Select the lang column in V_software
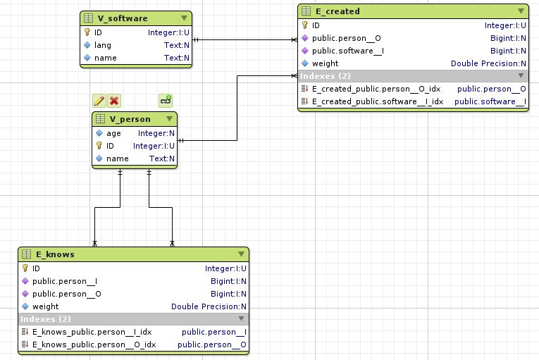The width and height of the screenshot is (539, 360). [x=102, y=45]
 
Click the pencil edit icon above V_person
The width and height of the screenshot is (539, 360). [x=99, y=101]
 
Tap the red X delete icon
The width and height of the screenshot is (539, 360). [x=114, y=101]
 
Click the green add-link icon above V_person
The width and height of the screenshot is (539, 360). [x=166, y=101]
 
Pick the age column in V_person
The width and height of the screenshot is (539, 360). [x=113, y=133]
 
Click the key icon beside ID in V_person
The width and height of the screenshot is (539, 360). [x=99, y=146]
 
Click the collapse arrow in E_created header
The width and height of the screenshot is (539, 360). [x=521, y=11]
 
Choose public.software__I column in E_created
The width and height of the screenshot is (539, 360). [x=347, y=51]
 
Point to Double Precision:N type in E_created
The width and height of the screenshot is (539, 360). [x=489, y=63]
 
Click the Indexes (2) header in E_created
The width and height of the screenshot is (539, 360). [x=326, y=76]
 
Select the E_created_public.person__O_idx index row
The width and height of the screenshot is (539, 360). [x=376, y=89]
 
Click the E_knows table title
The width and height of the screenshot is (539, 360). [x=55, y=254]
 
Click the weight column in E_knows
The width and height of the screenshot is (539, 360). [x=45, y=306]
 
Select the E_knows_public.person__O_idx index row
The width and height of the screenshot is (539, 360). [x=94, y=345]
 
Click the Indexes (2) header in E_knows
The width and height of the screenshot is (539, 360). [x=46, y=319]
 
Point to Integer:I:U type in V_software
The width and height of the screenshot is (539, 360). [x=168, y=32]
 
